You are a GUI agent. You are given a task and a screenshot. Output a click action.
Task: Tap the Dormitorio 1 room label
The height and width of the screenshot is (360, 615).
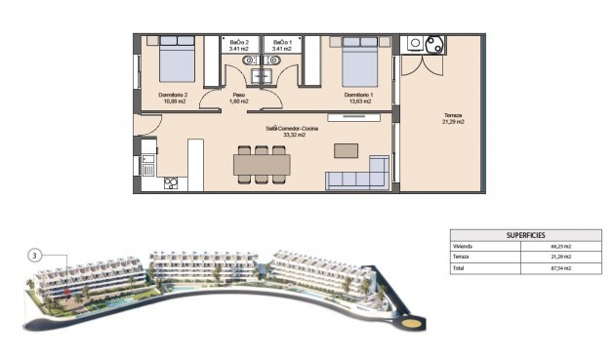(358, 97)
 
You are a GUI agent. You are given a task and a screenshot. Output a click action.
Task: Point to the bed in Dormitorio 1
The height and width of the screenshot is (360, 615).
(357, 63)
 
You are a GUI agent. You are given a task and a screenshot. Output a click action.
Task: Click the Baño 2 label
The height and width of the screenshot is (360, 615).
(239, 46)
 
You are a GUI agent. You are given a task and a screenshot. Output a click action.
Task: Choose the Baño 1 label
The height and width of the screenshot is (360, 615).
(282, 46)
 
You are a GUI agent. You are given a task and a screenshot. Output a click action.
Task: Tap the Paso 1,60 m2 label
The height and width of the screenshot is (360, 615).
(239, 99)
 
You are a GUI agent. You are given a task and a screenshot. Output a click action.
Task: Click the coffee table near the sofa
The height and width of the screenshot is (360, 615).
(346, 150)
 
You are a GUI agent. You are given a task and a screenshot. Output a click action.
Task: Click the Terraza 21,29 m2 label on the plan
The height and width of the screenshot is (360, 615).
(452, 118)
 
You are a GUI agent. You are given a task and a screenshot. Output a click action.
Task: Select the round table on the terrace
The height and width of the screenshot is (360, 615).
(433, 44)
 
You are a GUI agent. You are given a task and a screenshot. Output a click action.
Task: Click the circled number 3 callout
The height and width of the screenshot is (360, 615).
(35, 256)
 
